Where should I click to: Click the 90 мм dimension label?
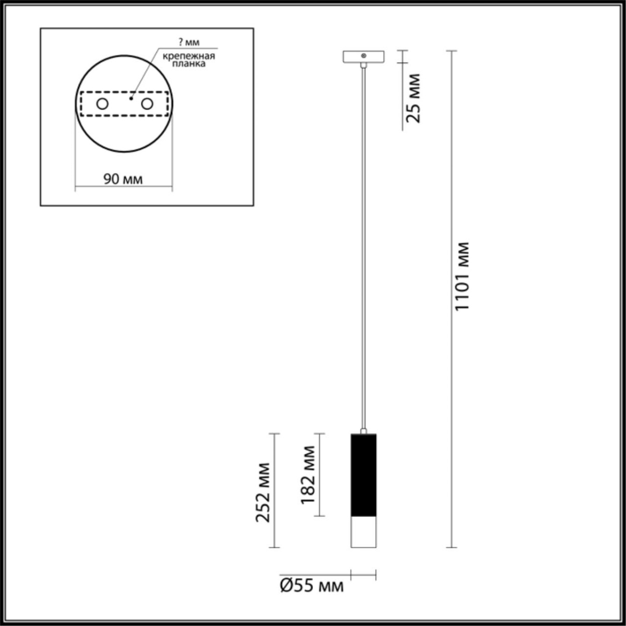(x=123, y=179)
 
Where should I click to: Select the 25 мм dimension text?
(x=413, y=99)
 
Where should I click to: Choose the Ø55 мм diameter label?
(x=312, y=586)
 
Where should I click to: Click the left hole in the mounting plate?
(x=102, y=104)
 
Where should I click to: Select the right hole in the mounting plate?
(x=147, y=104)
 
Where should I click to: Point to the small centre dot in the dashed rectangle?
(x=131, y=98)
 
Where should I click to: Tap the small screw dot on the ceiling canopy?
(x=364, y=55)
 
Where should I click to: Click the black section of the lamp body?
(x=363, y=475)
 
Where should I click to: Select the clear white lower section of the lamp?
(x=363, y=532)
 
